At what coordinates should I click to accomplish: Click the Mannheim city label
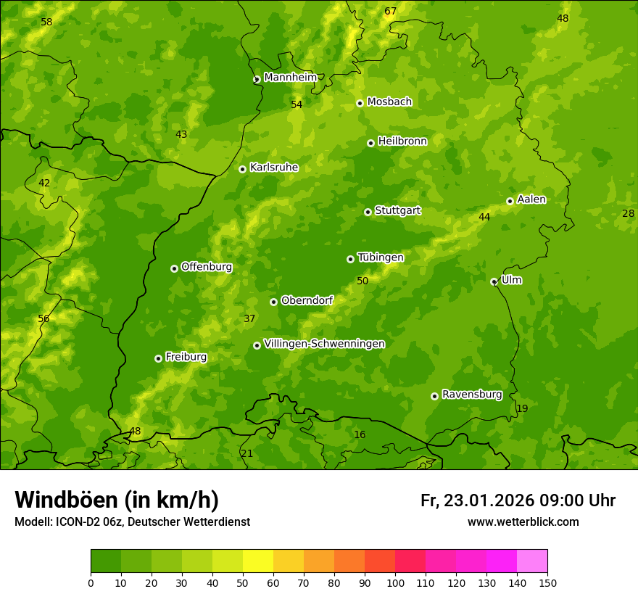[x=290, y=78]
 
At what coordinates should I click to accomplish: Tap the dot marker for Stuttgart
[x=368, y=212]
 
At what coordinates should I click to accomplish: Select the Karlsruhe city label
[x=273, y=168]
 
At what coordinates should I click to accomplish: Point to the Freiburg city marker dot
[x=158, y=358]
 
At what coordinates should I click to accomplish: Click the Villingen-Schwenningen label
[x=324, y=344]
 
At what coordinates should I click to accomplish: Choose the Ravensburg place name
[x=471, y=395]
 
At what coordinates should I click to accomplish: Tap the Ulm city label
[x=511, y=280]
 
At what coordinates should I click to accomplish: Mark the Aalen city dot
[x=510, y=201]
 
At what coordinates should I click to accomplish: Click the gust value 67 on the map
[x=391, y=11]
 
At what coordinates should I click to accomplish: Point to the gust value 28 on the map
[x=628, y=213]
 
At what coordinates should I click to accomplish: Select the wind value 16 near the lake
[x=360, y=434]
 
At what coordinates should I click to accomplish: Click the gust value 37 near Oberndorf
[x=249, y=318]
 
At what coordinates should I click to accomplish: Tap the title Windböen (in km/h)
[x=117, y=500]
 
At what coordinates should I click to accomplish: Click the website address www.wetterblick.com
[x=523, y=522]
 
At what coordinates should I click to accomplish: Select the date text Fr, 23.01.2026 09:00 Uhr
[x=518, y=500]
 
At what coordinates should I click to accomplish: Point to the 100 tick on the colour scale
[x=395, y=582]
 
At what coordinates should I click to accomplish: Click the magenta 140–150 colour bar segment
[x=532, y=561]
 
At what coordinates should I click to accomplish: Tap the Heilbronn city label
[x=402, y=141]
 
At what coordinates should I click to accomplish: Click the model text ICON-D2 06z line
[x=132, y=522]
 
